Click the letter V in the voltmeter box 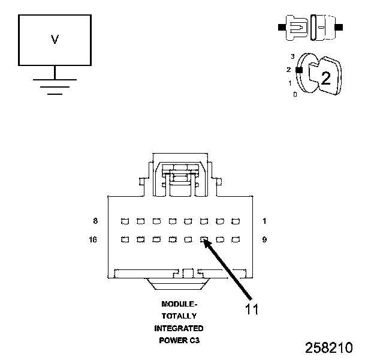55,40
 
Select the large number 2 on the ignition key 325,77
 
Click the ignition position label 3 292,56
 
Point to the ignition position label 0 294,95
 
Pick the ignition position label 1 290,83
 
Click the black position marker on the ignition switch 298,70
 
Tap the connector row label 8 95,221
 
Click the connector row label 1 264,221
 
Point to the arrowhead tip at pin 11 204,241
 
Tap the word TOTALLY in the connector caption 179,316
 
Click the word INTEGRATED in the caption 179,328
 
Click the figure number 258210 328,347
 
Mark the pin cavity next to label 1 235,221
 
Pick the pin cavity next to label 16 125,239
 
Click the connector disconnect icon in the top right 309,28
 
